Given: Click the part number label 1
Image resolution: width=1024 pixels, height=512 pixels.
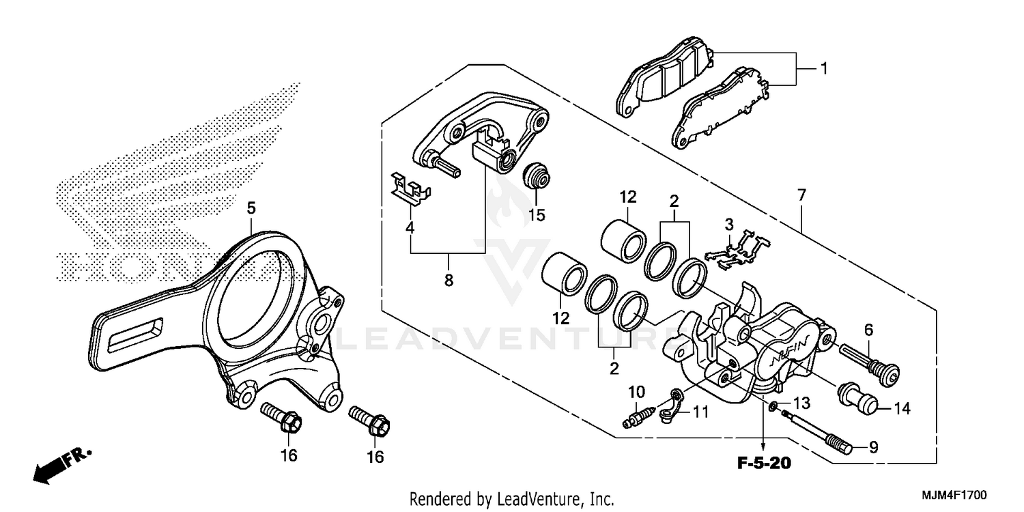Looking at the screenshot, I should coord(824,68).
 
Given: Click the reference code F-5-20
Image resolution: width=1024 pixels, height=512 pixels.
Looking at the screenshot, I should coord(763,465).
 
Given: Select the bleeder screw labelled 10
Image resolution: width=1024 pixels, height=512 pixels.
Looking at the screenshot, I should coord(640,416).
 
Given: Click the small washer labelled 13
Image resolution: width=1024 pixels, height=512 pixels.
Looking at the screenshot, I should coord(771,408).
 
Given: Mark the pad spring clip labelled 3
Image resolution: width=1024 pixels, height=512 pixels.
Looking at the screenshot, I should coord(740,250).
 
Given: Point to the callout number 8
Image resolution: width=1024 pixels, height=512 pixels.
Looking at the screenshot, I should coord(449,279).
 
